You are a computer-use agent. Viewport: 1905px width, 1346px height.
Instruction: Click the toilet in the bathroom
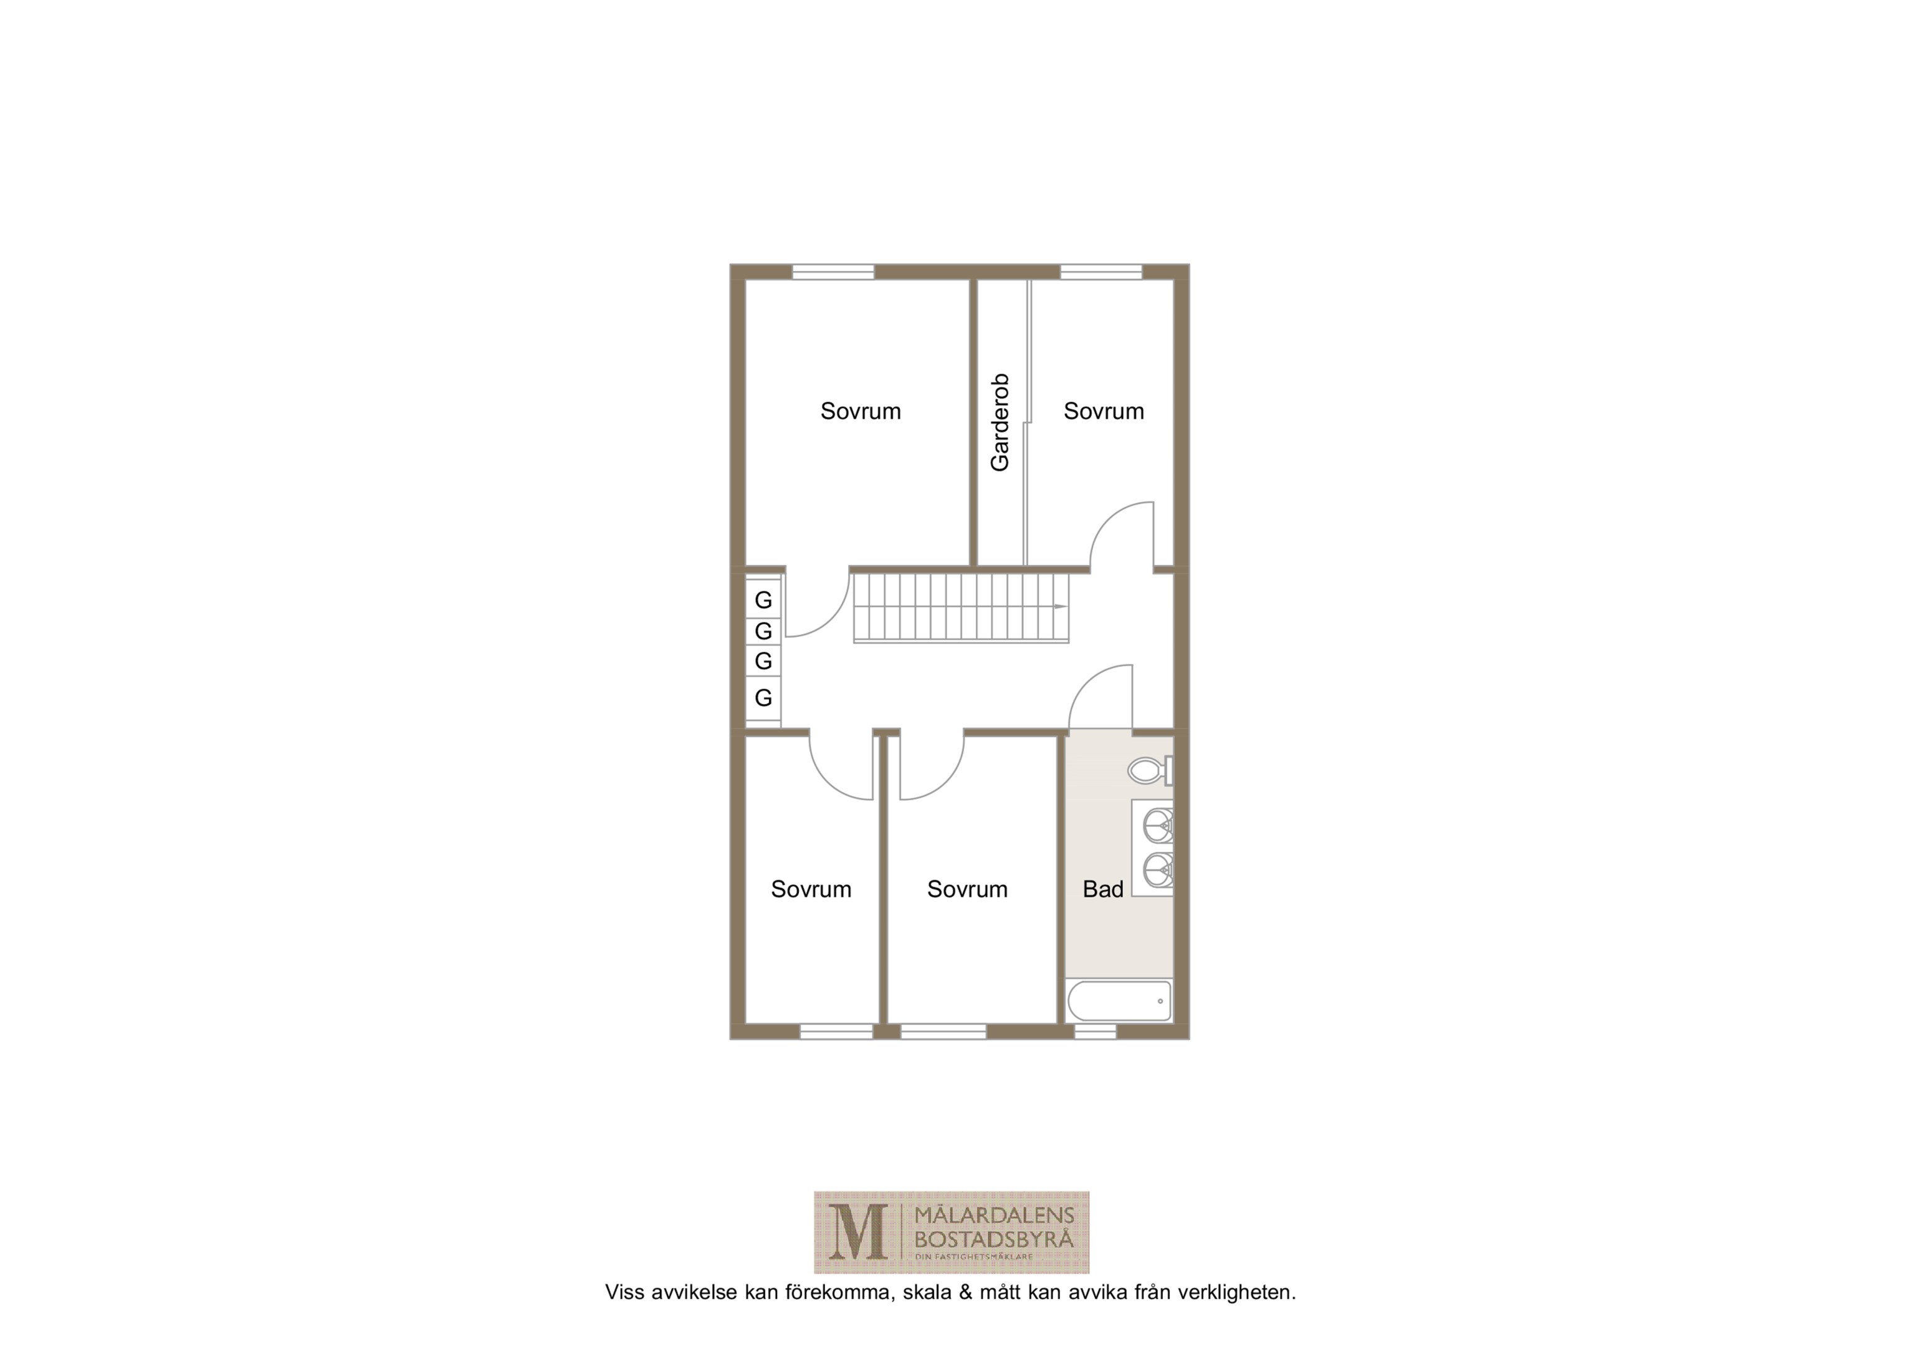coord(1150,771)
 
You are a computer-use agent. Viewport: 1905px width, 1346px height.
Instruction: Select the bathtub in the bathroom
coord(1119,1001)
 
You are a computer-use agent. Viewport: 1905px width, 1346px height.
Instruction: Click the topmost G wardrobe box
coord(763,599)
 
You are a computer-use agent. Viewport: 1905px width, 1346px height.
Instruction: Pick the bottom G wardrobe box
coord(763,697)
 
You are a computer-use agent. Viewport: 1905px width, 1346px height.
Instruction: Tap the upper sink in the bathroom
coord(1158,826)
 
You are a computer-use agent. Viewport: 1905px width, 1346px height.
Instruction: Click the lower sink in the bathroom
coord(1158,870)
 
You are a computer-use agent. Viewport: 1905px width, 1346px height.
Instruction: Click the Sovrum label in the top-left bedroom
coord(861,412)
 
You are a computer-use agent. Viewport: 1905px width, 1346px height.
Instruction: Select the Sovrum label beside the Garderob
coord(1104,412)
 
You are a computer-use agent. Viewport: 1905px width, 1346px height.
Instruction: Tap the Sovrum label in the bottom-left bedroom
coord(811,890)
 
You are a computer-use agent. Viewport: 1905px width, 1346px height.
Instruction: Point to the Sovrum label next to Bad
coord(967,890)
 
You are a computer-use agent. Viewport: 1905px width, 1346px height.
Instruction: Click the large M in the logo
coord(858,1233)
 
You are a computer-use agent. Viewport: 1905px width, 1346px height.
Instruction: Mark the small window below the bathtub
coord(1096,1031)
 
